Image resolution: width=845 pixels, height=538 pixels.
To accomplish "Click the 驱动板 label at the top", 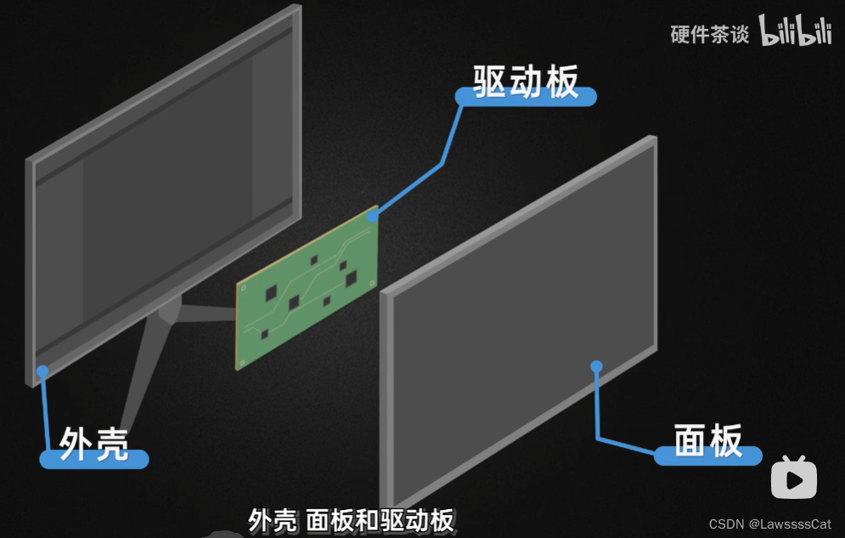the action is tap(527, 82).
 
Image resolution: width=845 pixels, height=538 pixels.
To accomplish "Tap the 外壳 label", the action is tap(93, 443).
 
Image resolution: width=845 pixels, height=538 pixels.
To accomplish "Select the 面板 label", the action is tap(708, 439).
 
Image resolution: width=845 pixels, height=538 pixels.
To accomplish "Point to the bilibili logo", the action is tap(795, 31).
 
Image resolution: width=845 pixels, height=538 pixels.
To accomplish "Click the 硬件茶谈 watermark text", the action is tap(710, 35).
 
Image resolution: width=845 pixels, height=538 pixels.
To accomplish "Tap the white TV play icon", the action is tap(794, 478).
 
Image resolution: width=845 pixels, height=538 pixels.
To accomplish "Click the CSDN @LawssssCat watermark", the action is tap(770, 524).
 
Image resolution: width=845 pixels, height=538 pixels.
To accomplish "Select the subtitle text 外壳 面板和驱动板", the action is tap(352, 520).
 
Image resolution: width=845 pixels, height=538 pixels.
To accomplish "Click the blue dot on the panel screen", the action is tap(596, 366).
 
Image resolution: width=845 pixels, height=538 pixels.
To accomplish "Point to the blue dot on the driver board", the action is tap(372, 216).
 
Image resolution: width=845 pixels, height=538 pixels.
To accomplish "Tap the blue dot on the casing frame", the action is tap(42, 370).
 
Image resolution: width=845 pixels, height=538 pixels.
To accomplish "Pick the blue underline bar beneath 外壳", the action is tap(93, 460).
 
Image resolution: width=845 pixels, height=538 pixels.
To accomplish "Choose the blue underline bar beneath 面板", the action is tap(708, 456).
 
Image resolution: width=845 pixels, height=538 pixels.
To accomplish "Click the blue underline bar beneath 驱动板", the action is tap(527, 97).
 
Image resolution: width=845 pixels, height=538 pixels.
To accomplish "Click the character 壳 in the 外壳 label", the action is tap(111, 443).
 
